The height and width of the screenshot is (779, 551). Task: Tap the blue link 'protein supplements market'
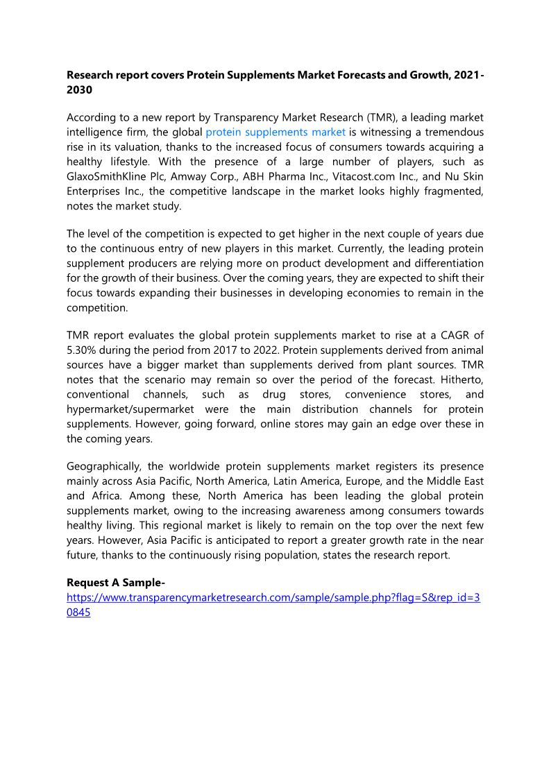tap(275, 132)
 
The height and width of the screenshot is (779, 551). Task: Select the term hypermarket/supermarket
tap(130, 409)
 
